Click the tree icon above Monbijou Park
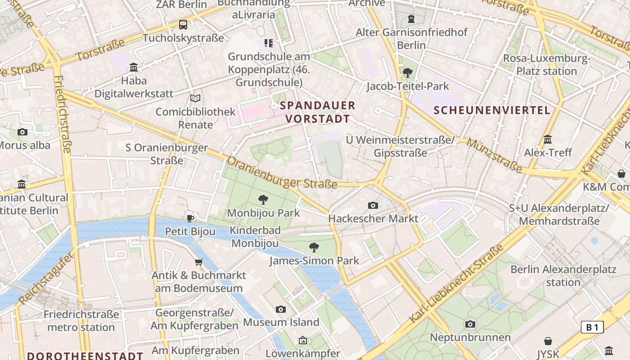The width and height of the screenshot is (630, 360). point(263,200)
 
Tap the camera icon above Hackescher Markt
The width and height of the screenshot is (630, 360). point(373,206)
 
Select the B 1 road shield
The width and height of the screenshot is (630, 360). point(592,327)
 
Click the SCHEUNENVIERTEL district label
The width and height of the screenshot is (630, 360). point(492,110)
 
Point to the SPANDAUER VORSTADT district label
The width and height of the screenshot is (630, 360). point(318,112)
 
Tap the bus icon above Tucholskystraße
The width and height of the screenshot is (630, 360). point(183,25)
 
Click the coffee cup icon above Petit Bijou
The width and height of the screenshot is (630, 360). point(190,219)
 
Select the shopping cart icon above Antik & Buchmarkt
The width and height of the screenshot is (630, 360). point(198,262)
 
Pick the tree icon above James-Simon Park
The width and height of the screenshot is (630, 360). point(314,247)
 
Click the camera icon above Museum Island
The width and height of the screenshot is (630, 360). point(281,309)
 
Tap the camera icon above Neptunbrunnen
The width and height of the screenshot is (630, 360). point(470,324)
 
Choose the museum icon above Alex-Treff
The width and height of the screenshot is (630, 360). point(548,139)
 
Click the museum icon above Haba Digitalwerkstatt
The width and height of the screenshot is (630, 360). point(134,67)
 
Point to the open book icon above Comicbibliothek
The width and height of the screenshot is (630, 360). point(195,98)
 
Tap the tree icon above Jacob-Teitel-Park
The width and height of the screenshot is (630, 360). point(408,72)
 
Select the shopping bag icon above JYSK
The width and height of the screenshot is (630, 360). point(548,341)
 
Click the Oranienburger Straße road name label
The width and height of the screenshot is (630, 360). point(282,173)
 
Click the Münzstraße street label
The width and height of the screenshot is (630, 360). point(494,156)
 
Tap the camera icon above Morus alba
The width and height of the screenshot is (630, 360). point(22,132)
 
